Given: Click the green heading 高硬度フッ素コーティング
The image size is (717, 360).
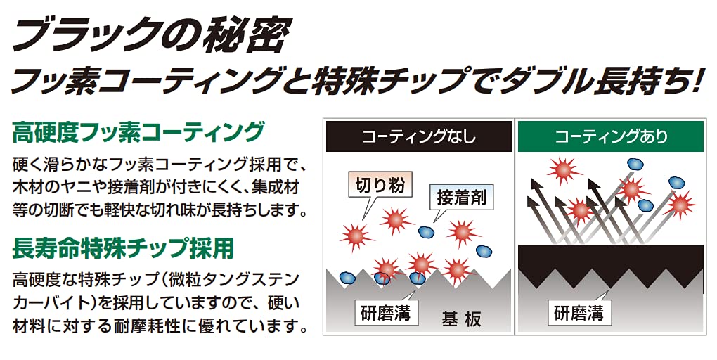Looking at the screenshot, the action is pos(138,131).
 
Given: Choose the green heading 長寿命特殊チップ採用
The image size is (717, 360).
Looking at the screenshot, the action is pos(123,248).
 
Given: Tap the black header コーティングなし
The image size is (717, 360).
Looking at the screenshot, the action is pos(418,136).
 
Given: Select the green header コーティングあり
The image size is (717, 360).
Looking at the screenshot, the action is pos(610,136).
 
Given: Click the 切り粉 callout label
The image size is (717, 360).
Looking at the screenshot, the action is pos(380,185).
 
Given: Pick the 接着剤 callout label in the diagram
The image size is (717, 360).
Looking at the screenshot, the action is pos(462,197).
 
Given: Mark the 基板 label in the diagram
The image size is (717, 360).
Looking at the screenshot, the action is pos(461,319).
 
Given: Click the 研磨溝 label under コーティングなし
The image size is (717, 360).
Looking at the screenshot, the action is pos(386,313).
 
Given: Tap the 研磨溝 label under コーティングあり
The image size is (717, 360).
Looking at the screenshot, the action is pos(579,313).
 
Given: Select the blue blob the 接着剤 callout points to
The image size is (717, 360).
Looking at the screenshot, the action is pos(427,231).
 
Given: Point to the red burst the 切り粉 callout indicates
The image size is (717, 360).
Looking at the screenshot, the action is pos(356,236).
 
